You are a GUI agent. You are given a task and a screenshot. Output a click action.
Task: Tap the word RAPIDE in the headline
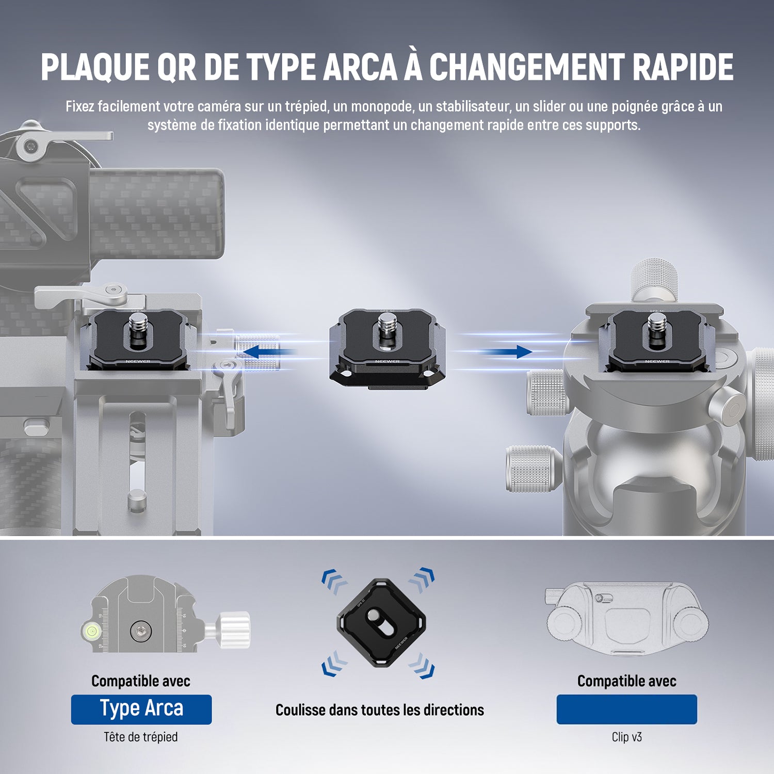[683, 67]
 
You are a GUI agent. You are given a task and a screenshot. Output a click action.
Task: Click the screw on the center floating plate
[387, 329]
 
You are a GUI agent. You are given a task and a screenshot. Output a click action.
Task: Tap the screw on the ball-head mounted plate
[657, 328]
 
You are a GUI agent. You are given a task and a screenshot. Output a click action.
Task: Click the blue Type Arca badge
[141, 709]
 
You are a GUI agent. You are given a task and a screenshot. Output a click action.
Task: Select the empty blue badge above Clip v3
[626, 709]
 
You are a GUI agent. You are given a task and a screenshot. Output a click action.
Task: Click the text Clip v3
[627, 737]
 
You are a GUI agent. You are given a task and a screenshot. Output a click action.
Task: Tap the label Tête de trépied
[141, 737]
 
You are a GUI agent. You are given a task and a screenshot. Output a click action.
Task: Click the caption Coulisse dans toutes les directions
[380, 710]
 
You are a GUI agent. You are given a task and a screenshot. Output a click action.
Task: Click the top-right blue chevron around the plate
[422, 579]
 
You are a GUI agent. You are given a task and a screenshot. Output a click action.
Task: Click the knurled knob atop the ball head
[654, 279]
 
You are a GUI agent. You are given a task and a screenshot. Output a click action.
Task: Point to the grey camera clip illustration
[627, 619]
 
